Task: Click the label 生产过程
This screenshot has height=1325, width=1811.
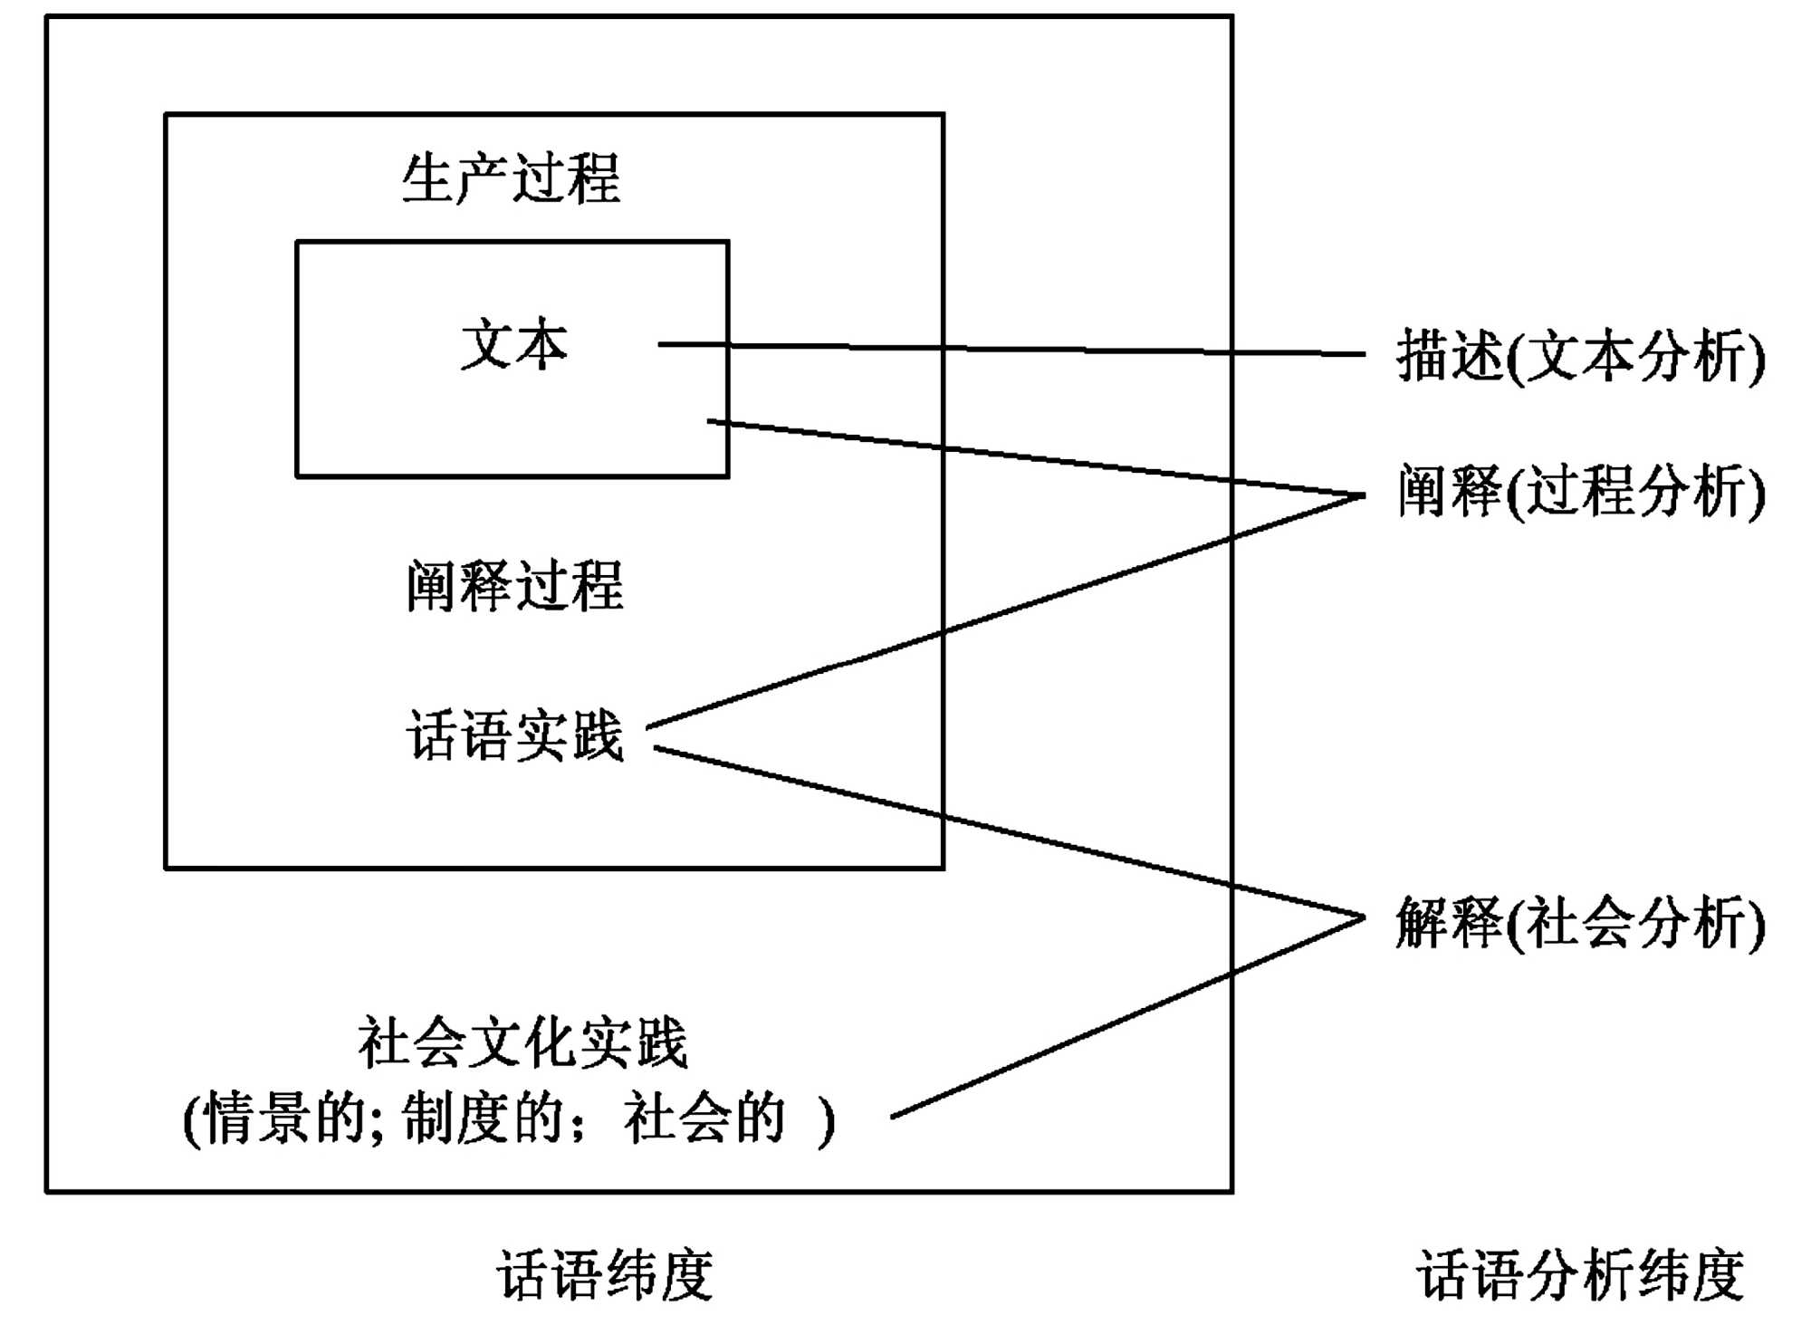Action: pos(512,178)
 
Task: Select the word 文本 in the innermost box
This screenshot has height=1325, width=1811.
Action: pos(514,345)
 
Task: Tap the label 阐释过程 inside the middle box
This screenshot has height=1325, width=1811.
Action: pos(514,586)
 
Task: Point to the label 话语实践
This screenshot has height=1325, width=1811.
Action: pos(514,735)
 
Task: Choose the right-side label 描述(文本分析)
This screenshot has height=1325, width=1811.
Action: pos(1580,356)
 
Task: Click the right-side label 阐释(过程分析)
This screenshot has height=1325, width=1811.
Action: pos(1580,492)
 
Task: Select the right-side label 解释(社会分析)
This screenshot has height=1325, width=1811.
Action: pos(1580,923)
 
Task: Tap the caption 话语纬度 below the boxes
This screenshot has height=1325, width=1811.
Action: pos(605,1275)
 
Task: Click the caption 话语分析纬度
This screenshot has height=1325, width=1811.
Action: pos(1580,1275)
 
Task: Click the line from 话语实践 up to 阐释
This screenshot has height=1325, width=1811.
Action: pos(1005,612)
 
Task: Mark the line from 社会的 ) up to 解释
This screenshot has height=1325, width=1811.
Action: pos(1127,1018)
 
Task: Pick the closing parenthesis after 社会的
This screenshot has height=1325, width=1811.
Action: pos(826,1121)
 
